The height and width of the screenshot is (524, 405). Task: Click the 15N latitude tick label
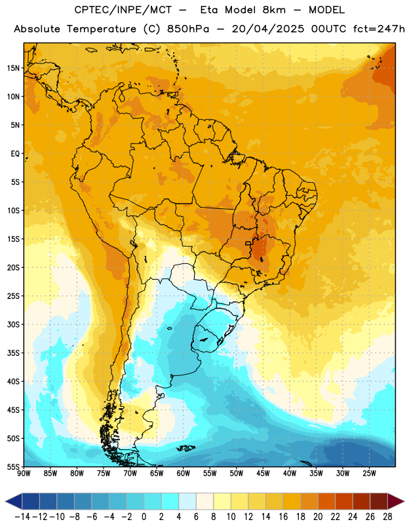pyautogui.click(x=13, y=68)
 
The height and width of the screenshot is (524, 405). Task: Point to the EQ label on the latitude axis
pyautogui.click(x=15, y=154)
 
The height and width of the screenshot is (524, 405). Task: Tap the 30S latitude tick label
pyautogui.click(x=13, y=324)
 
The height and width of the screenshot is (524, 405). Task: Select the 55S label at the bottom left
pyautogui.click(x=13, y=467)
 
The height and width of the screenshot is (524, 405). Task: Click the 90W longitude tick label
pyautogui.click(x=24, y=474)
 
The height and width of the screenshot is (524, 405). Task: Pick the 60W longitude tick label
pyautogui.click(x=183, y=474)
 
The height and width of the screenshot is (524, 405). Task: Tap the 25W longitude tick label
pyautogui.click(x=369, y=474)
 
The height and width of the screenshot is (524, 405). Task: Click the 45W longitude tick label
pyautogui.click(x=263, y=474)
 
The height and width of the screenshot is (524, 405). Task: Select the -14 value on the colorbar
pyautogui.click(x=22, y=517)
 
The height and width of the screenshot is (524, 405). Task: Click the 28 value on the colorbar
pyautogui.click(x=387, y=517)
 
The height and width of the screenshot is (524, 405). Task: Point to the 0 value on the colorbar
pyautogui.click(x=144, y=517)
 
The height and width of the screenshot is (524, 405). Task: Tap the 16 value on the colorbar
pyautogui.click(x=283, y=517)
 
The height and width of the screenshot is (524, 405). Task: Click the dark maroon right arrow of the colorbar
pyautogui.click(x=395, y=501)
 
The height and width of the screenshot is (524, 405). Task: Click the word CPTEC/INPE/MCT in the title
pyautogui.click(x=123, y=10)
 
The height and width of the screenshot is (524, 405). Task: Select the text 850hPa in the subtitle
pyautogui.click(x=188, y=29)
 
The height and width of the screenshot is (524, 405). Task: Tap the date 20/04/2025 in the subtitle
pyautogui.click(x=268, y=29)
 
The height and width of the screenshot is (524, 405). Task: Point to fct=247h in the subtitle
pyautogui.click(x=379, y=29)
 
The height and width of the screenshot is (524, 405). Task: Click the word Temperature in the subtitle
pyautogui.click(x=102, y=29)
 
